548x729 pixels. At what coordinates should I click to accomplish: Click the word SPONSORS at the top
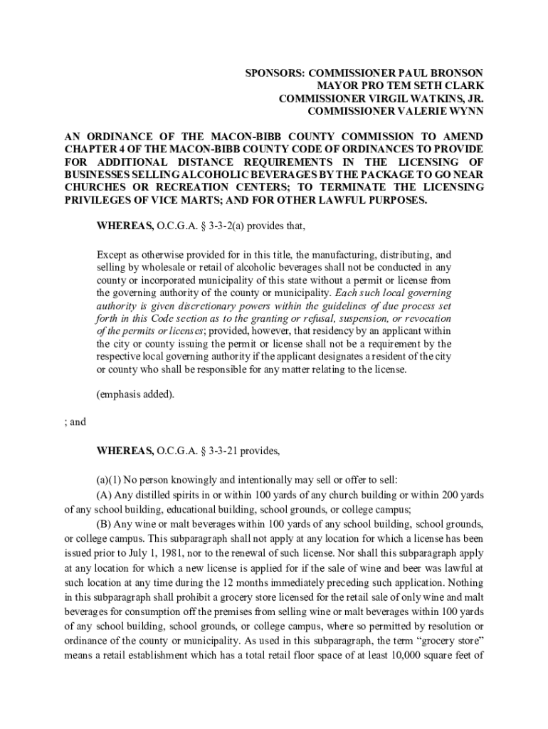point(272,73)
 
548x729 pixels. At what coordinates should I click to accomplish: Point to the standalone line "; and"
point(75,421)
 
